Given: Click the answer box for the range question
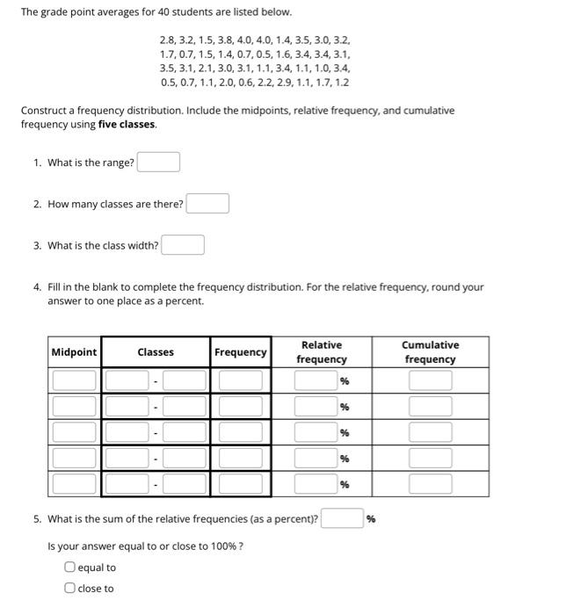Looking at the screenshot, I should (158, 163).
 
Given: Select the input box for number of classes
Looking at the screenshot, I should (207, 204).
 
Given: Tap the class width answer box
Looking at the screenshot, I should (183, 245).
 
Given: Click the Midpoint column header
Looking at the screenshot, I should (74, 352).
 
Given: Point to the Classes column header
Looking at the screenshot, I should (156, 352).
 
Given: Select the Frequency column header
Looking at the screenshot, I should (240, 352).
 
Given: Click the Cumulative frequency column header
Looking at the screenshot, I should (430, 352).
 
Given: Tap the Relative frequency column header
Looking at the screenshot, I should (321, 352).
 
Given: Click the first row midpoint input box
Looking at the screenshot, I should (74, 380).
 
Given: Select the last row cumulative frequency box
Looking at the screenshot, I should (430, 484).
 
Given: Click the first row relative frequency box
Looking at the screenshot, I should (316, 380).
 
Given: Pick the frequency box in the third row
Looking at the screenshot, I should (240, 432).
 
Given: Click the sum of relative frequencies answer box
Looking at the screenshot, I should (342, 518).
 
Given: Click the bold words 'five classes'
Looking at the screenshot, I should (127, 125).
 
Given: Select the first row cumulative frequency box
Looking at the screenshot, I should (430, 380).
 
